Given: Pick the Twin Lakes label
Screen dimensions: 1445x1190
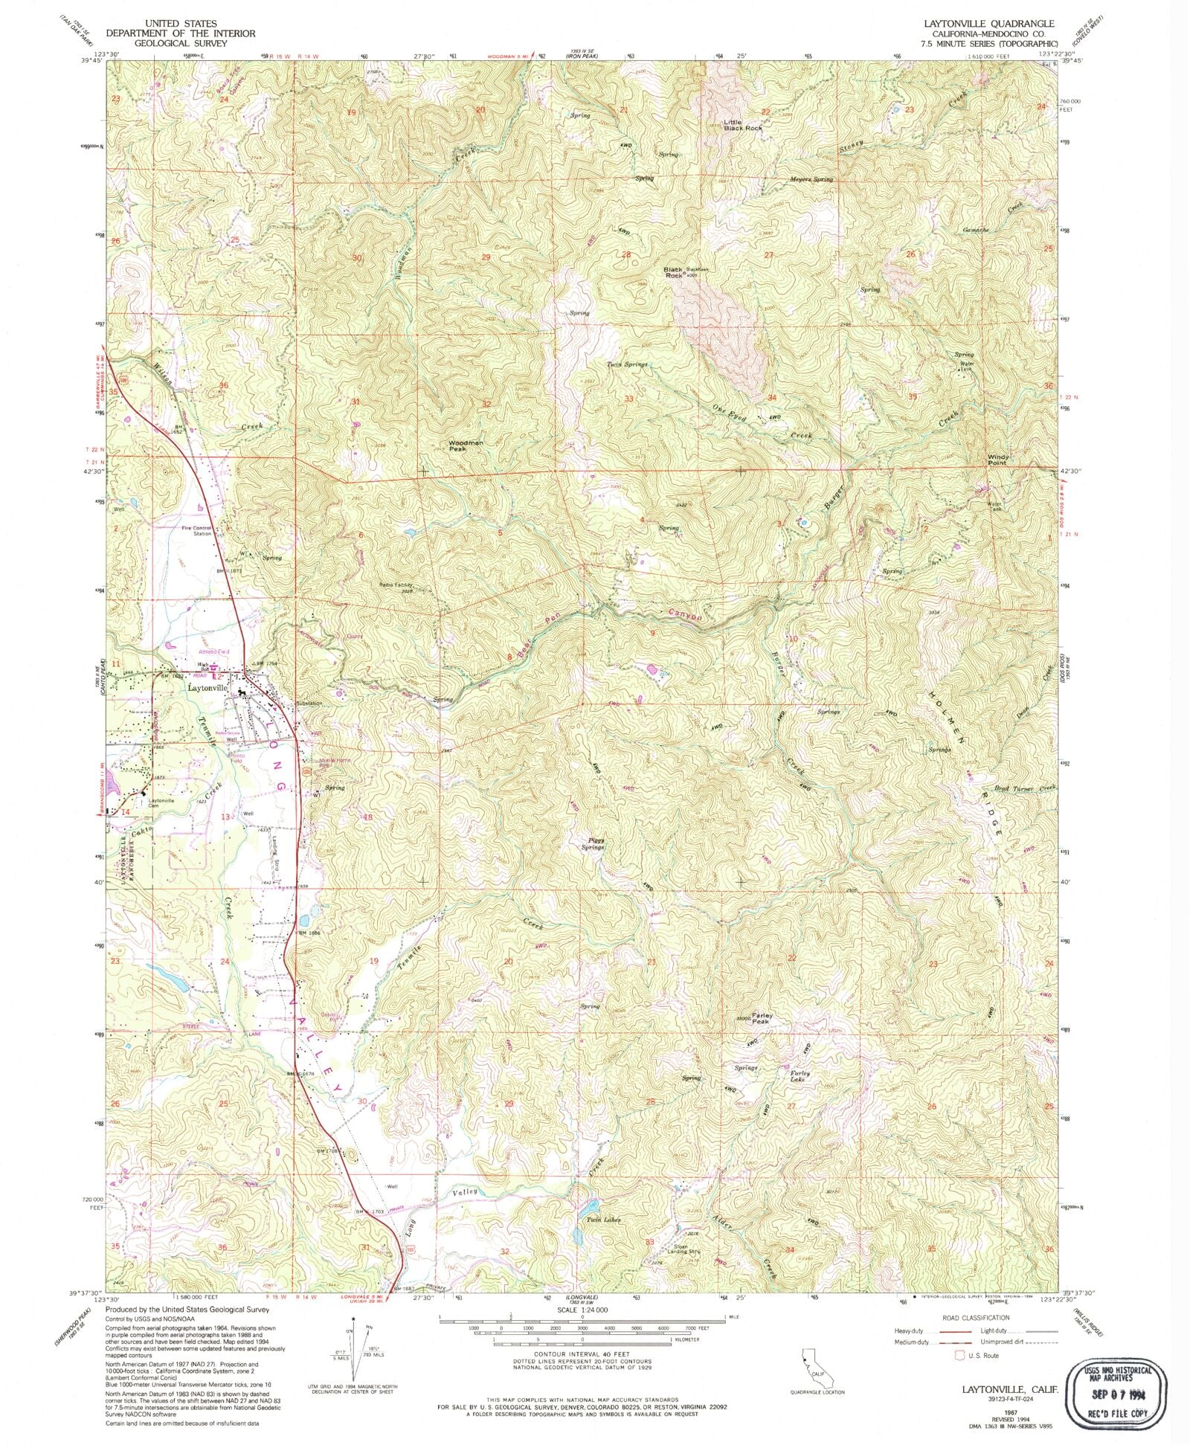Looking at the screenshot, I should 602,1220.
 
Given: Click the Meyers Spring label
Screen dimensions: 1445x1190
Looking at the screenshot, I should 811,180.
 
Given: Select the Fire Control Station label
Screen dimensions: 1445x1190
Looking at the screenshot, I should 197,531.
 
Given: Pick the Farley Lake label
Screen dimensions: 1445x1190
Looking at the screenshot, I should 794,1076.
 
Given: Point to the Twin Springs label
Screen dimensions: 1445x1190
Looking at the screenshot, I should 627,365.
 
